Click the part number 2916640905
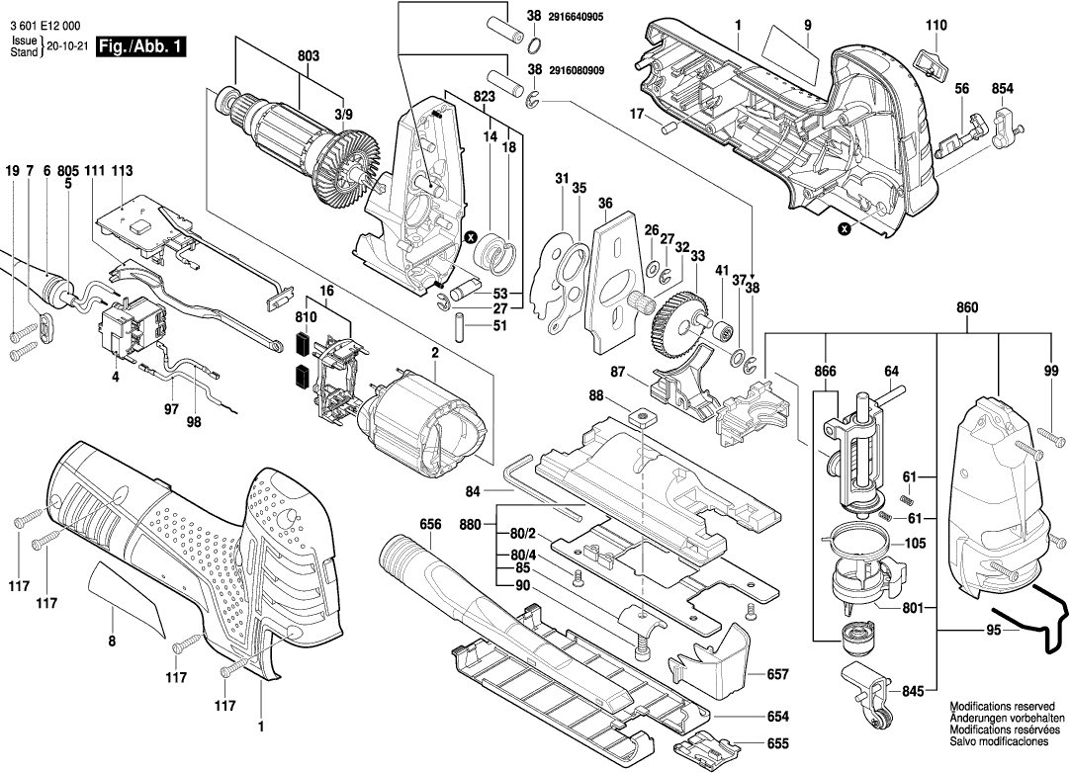[x=582, y=17]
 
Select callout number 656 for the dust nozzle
[x=429, y=525]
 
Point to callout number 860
[x=967, y=308]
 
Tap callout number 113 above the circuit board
[x=122, y=171]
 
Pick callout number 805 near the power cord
[x=68, y=171]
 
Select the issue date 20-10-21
[x=65, y=46]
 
